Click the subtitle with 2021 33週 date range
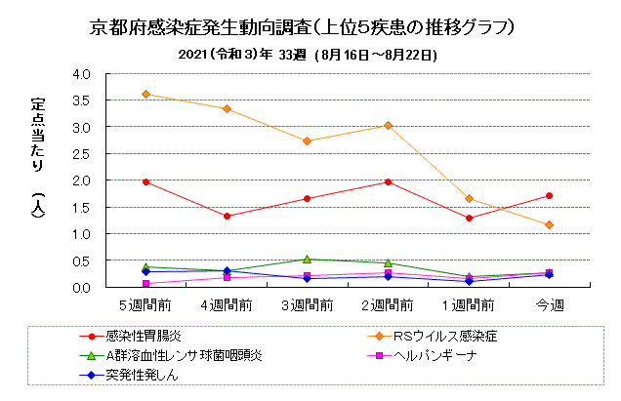click(x=308, y=55)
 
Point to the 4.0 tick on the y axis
click(x=81, y=74)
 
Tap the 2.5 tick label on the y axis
click(x=81, y=154)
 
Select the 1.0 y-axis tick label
click(x=81, y=234)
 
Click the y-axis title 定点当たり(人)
click(x=38, y=157)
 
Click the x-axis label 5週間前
click(x=145, y=305)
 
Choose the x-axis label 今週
click(x=550, y=305)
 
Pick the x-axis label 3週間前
click(x=307, y=305)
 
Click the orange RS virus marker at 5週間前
click(x=145, y=95)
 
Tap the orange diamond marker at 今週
click(x=549, y=224)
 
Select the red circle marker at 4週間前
click(x=227, y=217)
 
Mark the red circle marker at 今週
click(x=549, y=195)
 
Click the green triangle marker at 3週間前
click(x=307, y=260)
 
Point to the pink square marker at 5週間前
click(x=145, y=283)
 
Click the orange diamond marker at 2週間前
click(x=389, y=126)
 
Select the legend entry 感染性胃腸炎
click(x=131, y=337)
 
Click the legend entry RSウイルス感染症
click(x=433, y=337)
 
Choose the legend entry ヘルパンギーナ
click(x=422, y=355)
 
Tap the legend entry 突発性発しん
click(x=129, y=375)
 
